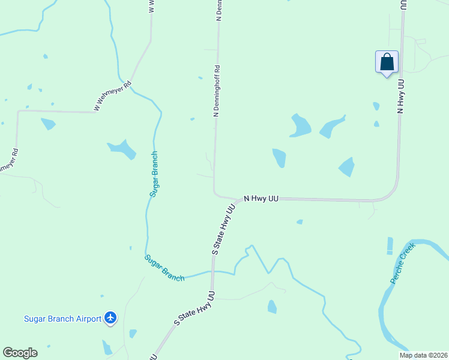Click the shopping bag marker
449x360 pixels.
[x=387, y=62]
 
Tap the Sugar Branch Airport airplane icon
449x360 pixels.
[x=110, y=317]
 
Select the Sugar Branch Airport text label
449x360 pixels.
[x=62, y=319]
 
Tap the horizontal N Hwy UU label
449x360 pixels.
[x=261, y=197]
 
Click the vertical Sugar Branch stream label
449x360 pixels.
[x=154, y=174]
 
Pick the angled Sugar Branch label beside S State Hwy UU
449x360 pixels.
[x=164, y=268]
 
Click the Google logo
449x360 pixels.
[x=20, y=353]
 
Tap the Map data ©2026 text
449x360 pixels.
[x=423, y=355]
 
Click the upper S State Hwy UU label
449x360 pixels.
[x=223, y=230]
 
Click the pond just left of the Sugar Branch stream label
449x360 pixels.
[x=122, y=149]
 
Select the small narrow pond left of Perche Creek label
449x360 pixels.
[x=390, y=245]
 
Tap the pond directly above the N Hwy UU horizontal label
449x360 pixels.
[x=279, y=158]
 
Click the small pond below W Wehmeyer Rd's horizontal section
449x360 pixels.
[x=48, y=124]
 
